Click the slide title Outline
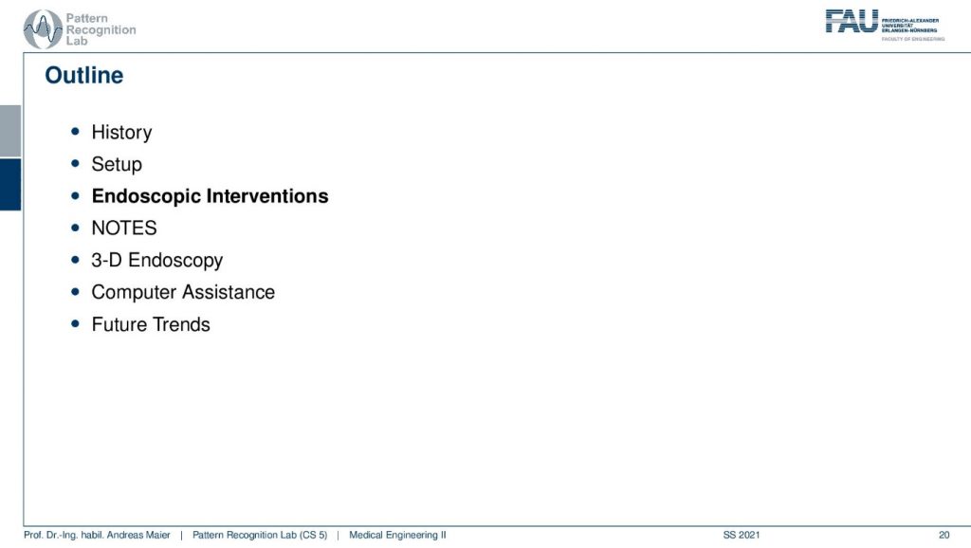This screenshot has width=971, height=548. (x=84, y=76)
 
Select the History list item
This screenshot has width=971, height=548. (x=121, y=133)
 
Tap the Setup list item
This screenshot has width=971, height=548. (x=117, y=165)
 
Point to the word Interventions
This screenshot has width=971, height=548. (x=267, y=195)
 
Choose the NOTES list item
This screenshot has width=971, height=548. (x=124, y=228)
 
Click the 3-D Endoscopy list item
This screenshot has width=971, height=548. (x=156, y=261)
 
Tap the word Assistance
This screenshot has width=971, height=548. (x=229, y=292)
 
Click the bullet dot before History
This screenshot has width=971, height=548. (x=76, y=131)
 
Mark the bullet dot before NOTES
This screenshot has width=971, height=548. (x=76, y=228)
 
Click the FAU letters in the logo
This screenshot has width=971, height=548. (x=852, y=21)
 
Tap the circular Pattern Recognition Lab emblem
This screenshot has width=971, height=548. (x=43, y=29)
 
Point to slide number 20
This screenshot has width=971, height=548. (x=944, y=535)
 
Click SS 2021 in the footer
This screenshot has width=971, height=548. (x=742, y=535)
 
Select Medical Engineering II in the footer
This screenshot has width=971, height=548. (x=397, y=535)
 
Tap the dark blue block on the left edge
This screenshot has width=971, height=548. (x=10, y=185)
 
